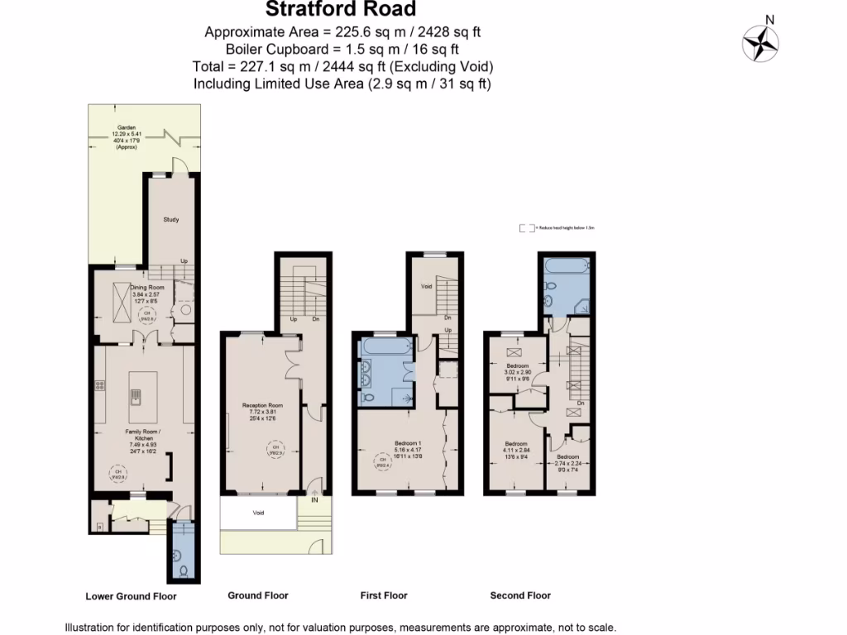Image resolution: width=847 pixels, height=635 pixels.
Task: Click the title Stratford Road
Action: coord(341,10)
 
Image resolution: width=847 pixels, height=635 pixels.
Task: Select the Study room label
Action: coord(171,219)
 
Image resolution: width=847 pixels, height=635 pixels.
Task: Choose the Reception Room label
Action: coord(263,405)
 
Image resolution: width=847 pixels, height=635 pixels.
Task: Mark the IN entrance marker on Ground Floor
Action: coord(314,499)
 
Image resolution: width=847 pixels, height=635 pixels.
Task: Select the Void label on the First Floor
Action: coord(427,287)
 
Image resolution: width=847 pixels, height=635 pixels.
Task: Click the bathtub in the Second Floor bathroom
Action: coord(567,266)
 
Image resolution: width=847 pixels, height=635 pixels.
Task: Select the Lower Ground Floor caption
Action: coord(131,595)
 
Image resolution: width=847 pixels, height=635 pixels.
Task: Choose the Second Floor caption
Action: coord(520,594)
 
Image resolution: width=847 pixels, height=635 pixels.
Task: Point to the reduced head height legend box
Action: coord(524,227)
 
